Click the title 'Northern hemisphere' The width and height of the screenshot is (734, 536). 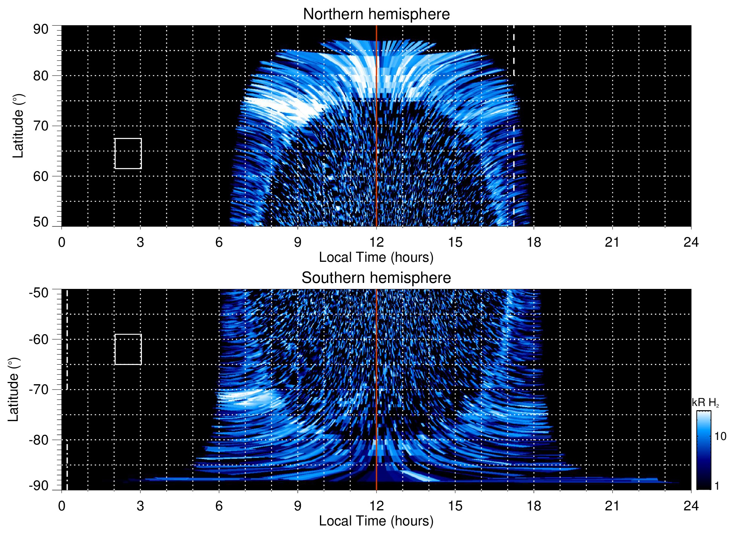[376, 14]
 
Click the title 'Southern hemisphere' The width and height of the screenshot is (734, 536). [376, 278]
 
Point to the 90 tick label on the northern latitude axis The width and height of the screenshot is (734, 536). [41, 29]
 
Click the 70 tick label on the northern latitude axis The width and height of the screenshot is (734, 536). [41, 126]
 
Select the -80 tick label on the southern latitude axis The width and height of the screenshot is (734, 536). [39, 440]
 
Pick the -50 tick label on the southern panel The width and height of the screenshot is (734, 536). [39, 293]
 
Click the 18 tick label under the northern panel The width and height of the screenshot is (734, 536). [534, 242]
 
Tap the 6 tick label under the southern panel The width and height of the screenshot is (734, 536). [219, 506]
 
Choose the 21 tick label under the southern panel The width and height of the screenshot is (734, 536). [612, 506]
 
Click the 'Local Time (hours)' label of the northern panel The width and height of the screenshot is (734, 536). [376, 257]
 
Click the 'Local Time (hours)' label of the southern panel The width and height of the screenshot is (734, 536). [376, 521]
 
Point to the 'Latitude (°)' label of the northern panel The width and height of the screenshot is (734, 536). [18, 126]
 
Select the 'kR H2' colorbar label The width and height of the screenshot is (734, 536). [705, 403]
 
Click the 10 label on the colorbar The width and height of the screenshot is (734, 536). [720, 436]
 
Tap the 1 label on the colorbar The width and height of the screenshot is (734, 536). [717, 486]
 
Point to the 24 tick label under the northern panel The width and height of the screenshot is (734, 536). [691, 242]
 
